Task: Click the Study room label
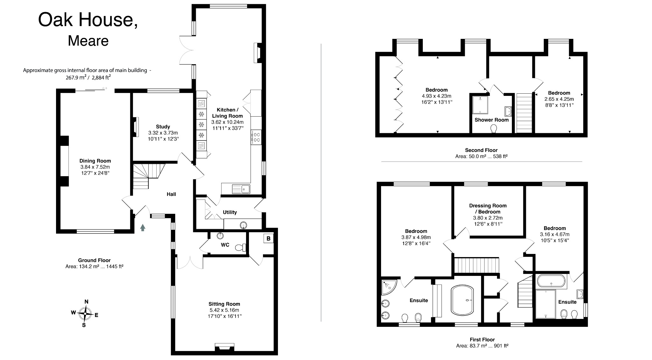tap(163, 126)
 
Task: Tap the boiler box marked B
tap(268, 238)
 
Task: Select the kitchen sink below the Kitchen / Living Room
tap(241, 189)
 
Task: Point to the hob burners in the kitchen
tap(256, 137)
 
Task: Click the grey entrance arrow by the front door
tap(143, 227)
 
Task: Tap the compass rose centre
tap(85, 313)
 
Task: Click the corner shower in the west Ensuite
tap(389, 287)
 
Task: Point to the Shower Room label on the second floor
tap(492, 120)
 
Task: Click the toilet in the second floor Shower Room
tap(494, 128)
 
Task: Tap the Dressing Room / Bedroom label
tap(488, 209)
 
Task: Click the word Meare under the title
tap(88, 41)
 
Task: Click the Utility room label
tap(230, 212)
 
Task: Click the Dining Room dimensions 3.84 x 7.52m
tap(95, 167)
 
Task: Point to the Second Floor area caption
tap(481, 156)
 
